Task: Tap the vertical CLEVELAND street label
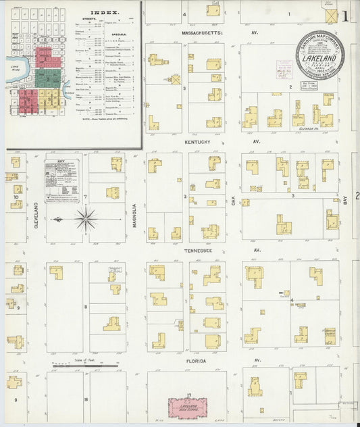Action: (x=36, y=214)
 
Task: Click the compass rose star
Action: (x=86, y=219)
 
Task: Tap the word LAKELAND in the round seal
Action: (x=320, y=59)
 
